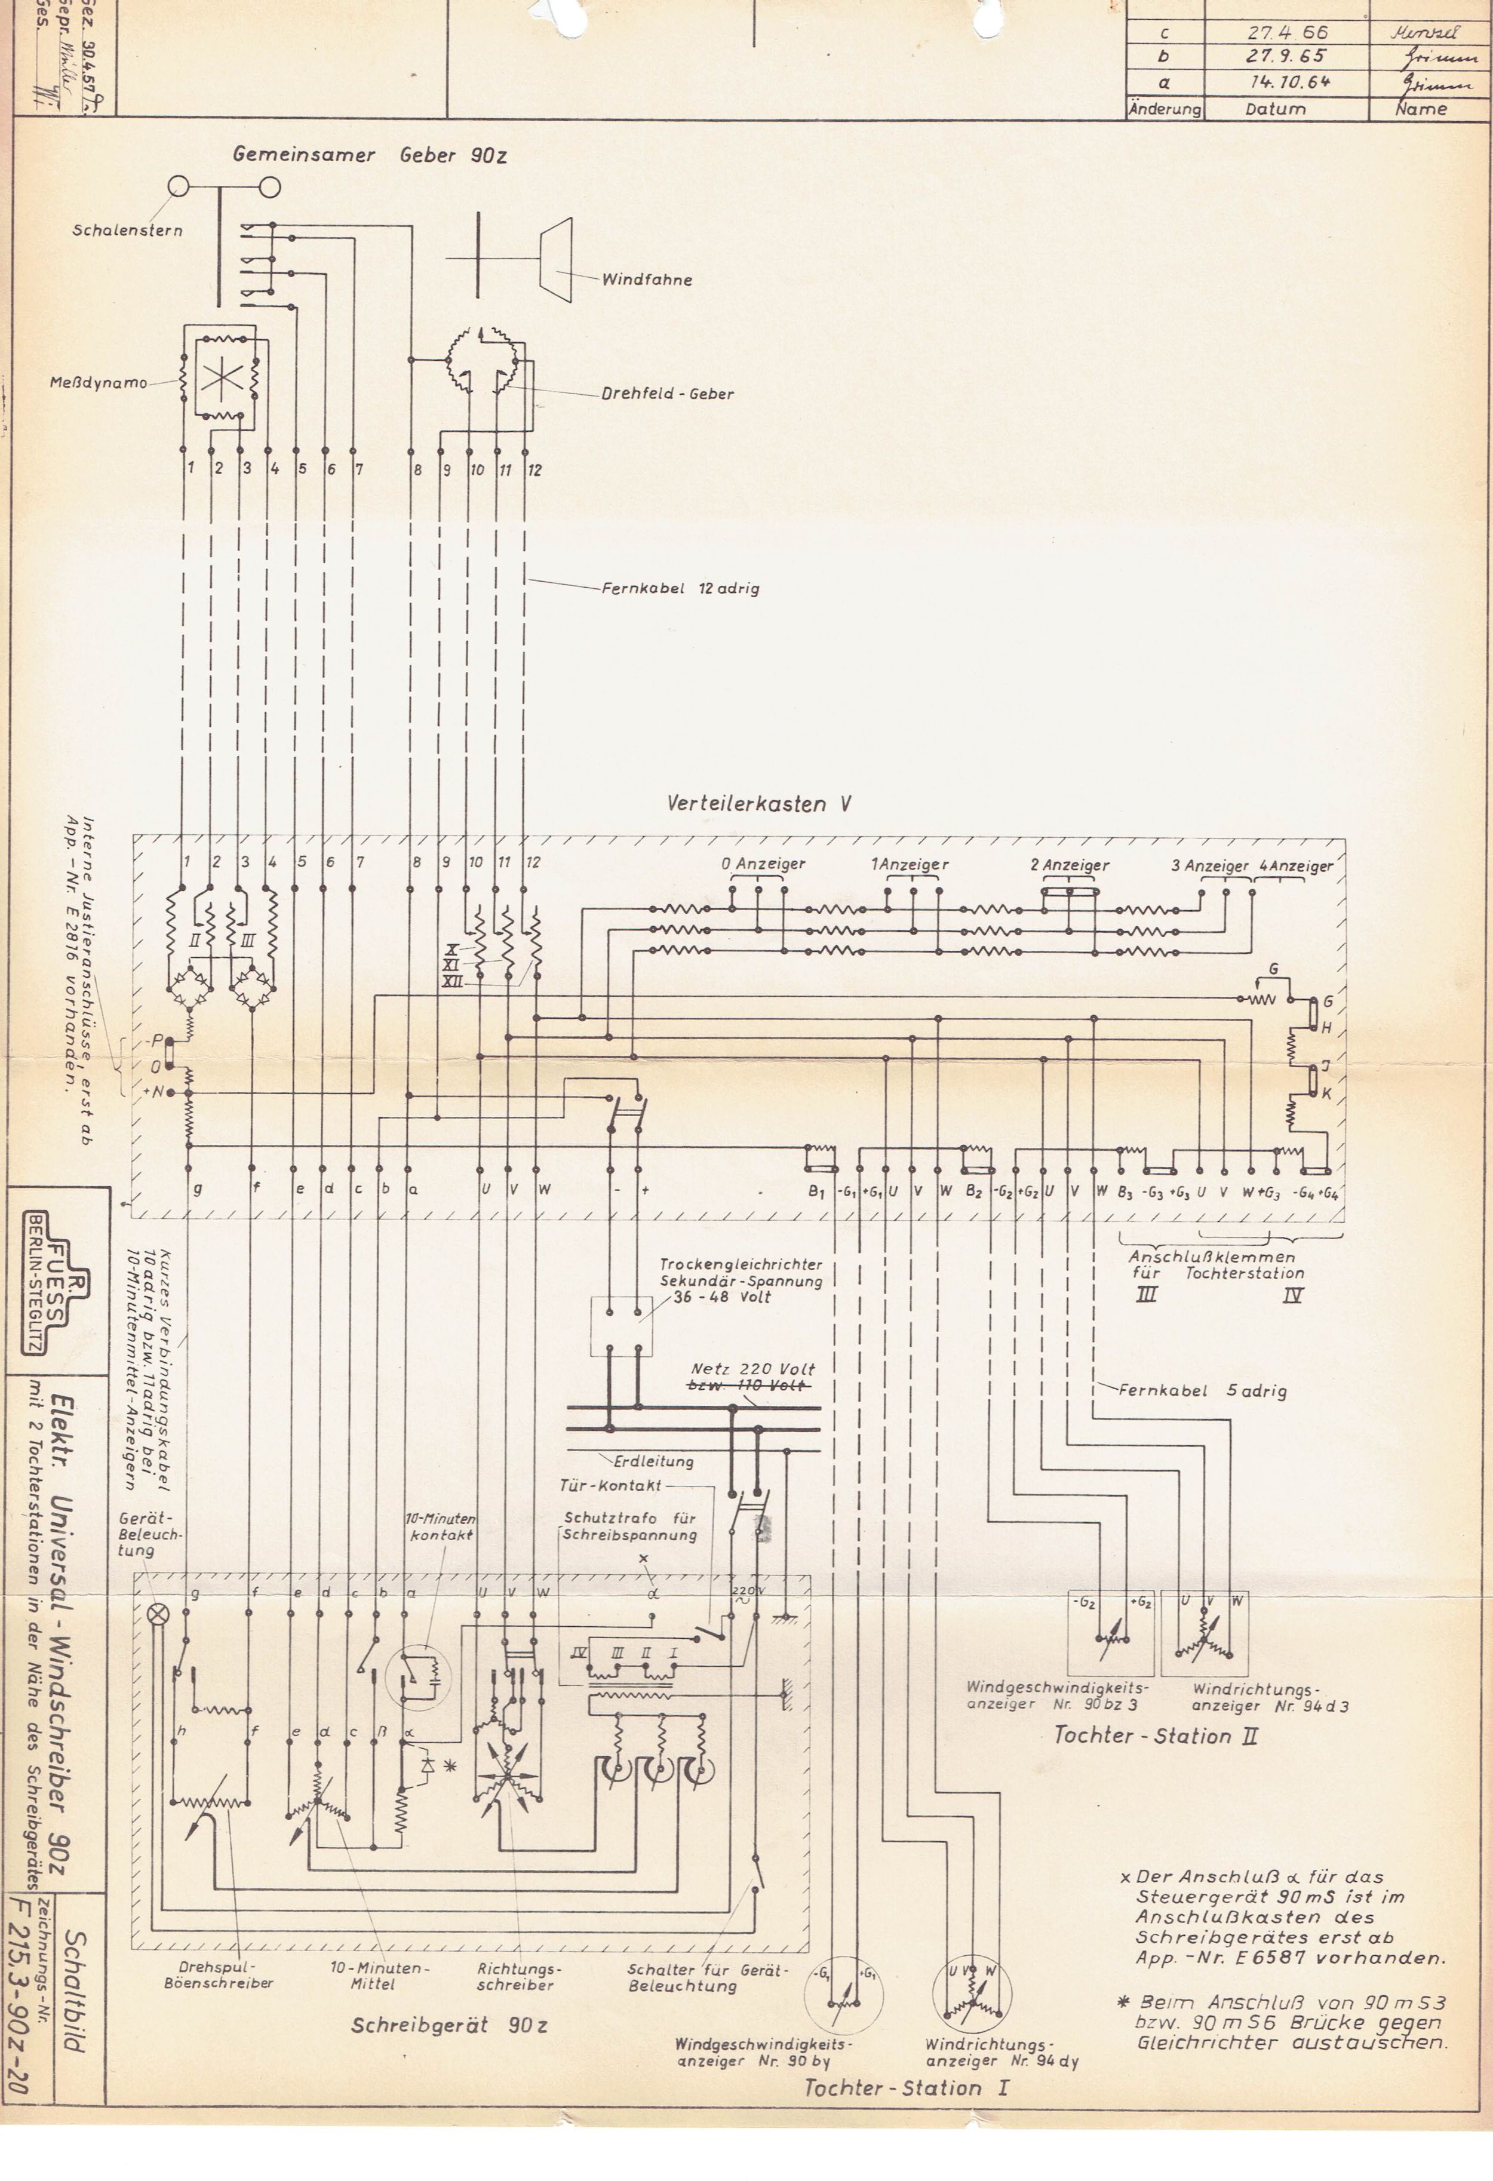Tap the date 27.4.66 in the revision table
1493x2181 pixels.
click(1286, 32)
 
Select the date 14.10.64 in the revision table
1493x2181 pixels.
click(1286, 82)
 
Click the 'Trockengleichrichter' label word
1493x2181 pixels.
click(741, 1265)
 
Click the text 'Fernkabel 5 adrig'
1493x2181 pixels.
click(1202, 1391)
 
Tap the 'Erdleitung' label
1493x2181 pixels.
click(653, 1461)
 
